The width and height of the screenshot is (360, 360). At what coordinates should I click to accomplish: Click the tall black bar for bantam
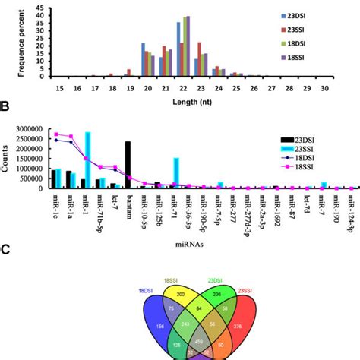pyautogui.click(x=128, y=163)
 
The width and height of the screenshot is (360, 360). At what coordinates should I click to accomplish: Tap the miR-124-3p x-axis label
pyautogui.click(x=353, y=213)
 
